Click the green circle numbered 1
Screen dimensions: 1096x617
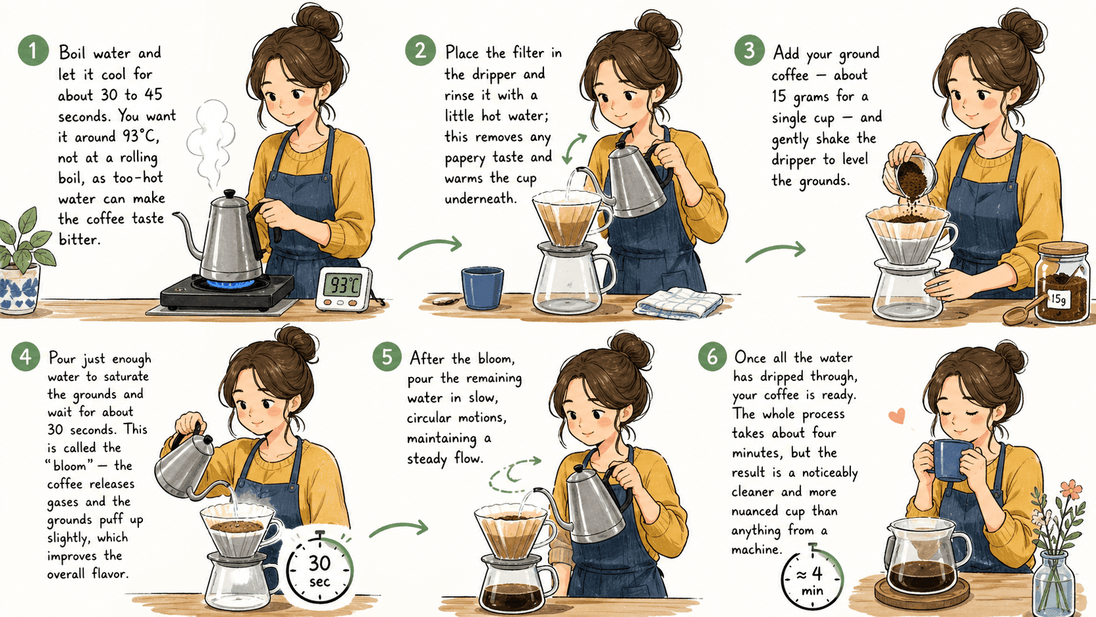pos(33,50)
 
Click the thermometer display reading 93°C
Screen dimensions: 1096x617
pos(343,285)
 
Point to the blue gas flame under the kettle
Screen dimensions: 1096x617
pos(231,283)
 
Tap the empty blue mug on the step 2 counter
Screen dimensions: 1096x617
pos(482,288)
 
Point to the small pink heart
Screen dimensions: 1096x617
pos(897,416)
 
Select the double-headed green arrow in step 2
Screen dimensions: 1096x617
pos(574,149)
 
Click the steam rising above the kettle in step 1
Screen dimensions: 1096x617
pos(211,144)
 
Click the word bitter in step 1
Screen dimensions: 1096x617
pos(79,239)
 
